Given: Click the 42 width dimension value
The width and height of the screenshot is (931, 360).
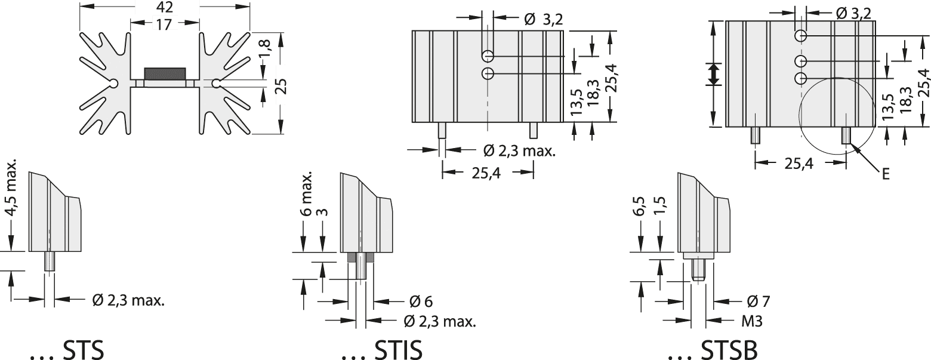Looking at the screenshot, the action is click(165, 8).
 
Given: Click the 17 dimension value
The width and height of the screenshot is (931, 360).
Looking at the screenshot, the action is click(165, 24).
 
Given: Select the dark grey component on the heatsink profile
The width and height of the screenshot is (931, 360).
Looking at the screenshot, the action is click(165, 73).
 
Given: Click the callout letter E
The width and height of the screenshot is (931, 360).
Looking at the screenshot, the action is click(886, 174).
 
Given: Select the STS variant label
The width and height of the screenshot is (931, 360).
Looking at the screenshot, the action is click(66, 350).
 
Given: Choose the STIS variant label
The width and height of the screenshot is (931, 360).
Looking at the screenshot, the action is click(381, 350).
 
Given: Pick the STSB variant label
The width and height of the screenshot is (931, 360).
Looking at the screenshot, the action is click(713, 350).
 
